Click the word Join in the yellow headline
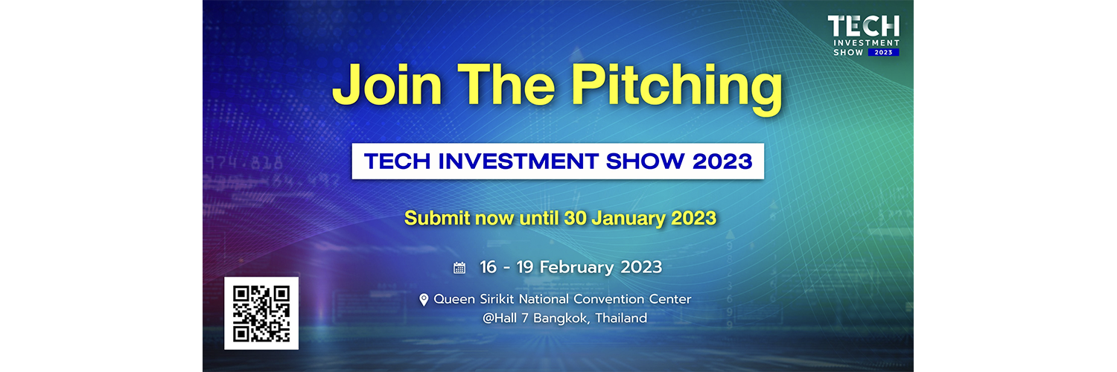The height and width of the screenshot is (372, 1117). (387, 85)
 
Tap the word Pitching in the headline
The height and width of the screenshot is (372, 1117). (677, 89)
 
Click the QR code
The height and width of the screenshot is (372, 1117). (261, 313)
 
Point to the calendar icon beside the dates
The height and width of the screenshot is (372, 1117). (459, 268)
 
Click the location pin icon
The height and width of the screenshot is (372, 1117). (424, 300)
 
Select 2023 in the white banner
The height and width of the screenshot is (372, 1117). (722, 161)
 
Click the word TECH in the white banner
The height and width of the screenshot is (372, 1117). (398, 161)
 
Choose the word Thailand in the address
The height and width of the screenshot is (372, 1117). (621, 318)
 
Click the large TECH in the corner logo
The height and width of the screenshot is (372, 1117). (864, 26)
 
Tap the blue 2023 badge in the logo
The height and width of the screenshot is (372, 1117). (884, 52)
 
